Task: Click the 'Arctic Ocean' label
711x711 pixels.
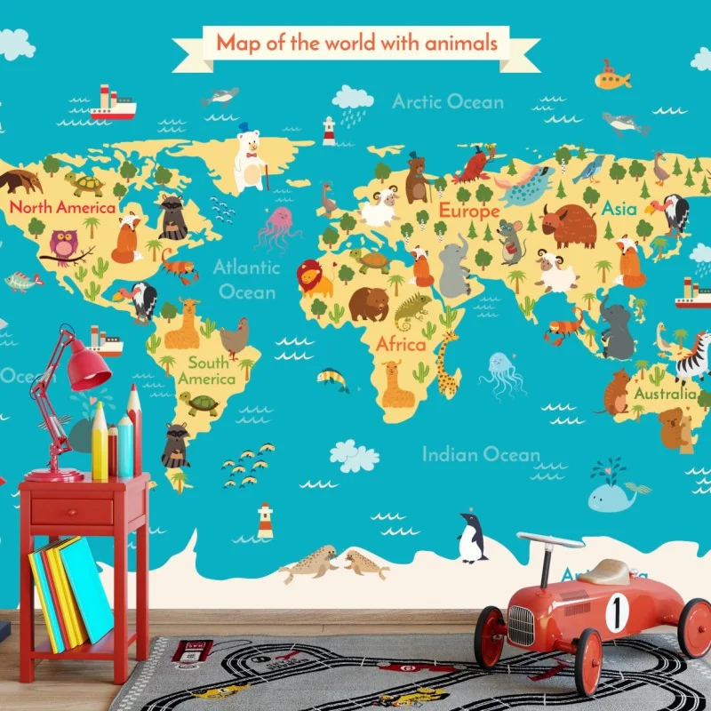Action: click(x=448, y=101)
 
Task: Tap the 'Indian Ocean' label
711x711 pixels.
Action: click(x=480, y=455)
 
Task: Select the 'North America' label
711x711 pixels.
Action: click(x=62, y=208)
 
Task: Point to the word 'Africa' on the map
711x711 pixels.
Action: click(x=401, y=344)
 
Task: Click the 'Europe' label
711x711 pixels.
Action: click(x=469, y=212)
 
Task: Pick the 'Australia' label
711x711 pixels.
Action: click(x=666, y=392)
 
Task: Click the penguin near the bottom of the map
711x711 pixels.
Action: click(x=472, y=539)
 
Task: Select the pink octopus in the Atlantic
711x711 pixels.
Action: click(x=279, y=228)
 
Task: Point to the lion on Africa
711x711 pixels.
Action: click(x=314, y=278)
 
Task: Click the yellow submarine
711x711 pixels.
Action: click(x=611, y=78)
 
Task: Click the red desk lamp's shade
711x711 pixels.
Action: click(x=88, y=369)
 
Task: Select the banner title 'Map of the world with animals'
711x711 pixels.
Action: click(x=356, y=42)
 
